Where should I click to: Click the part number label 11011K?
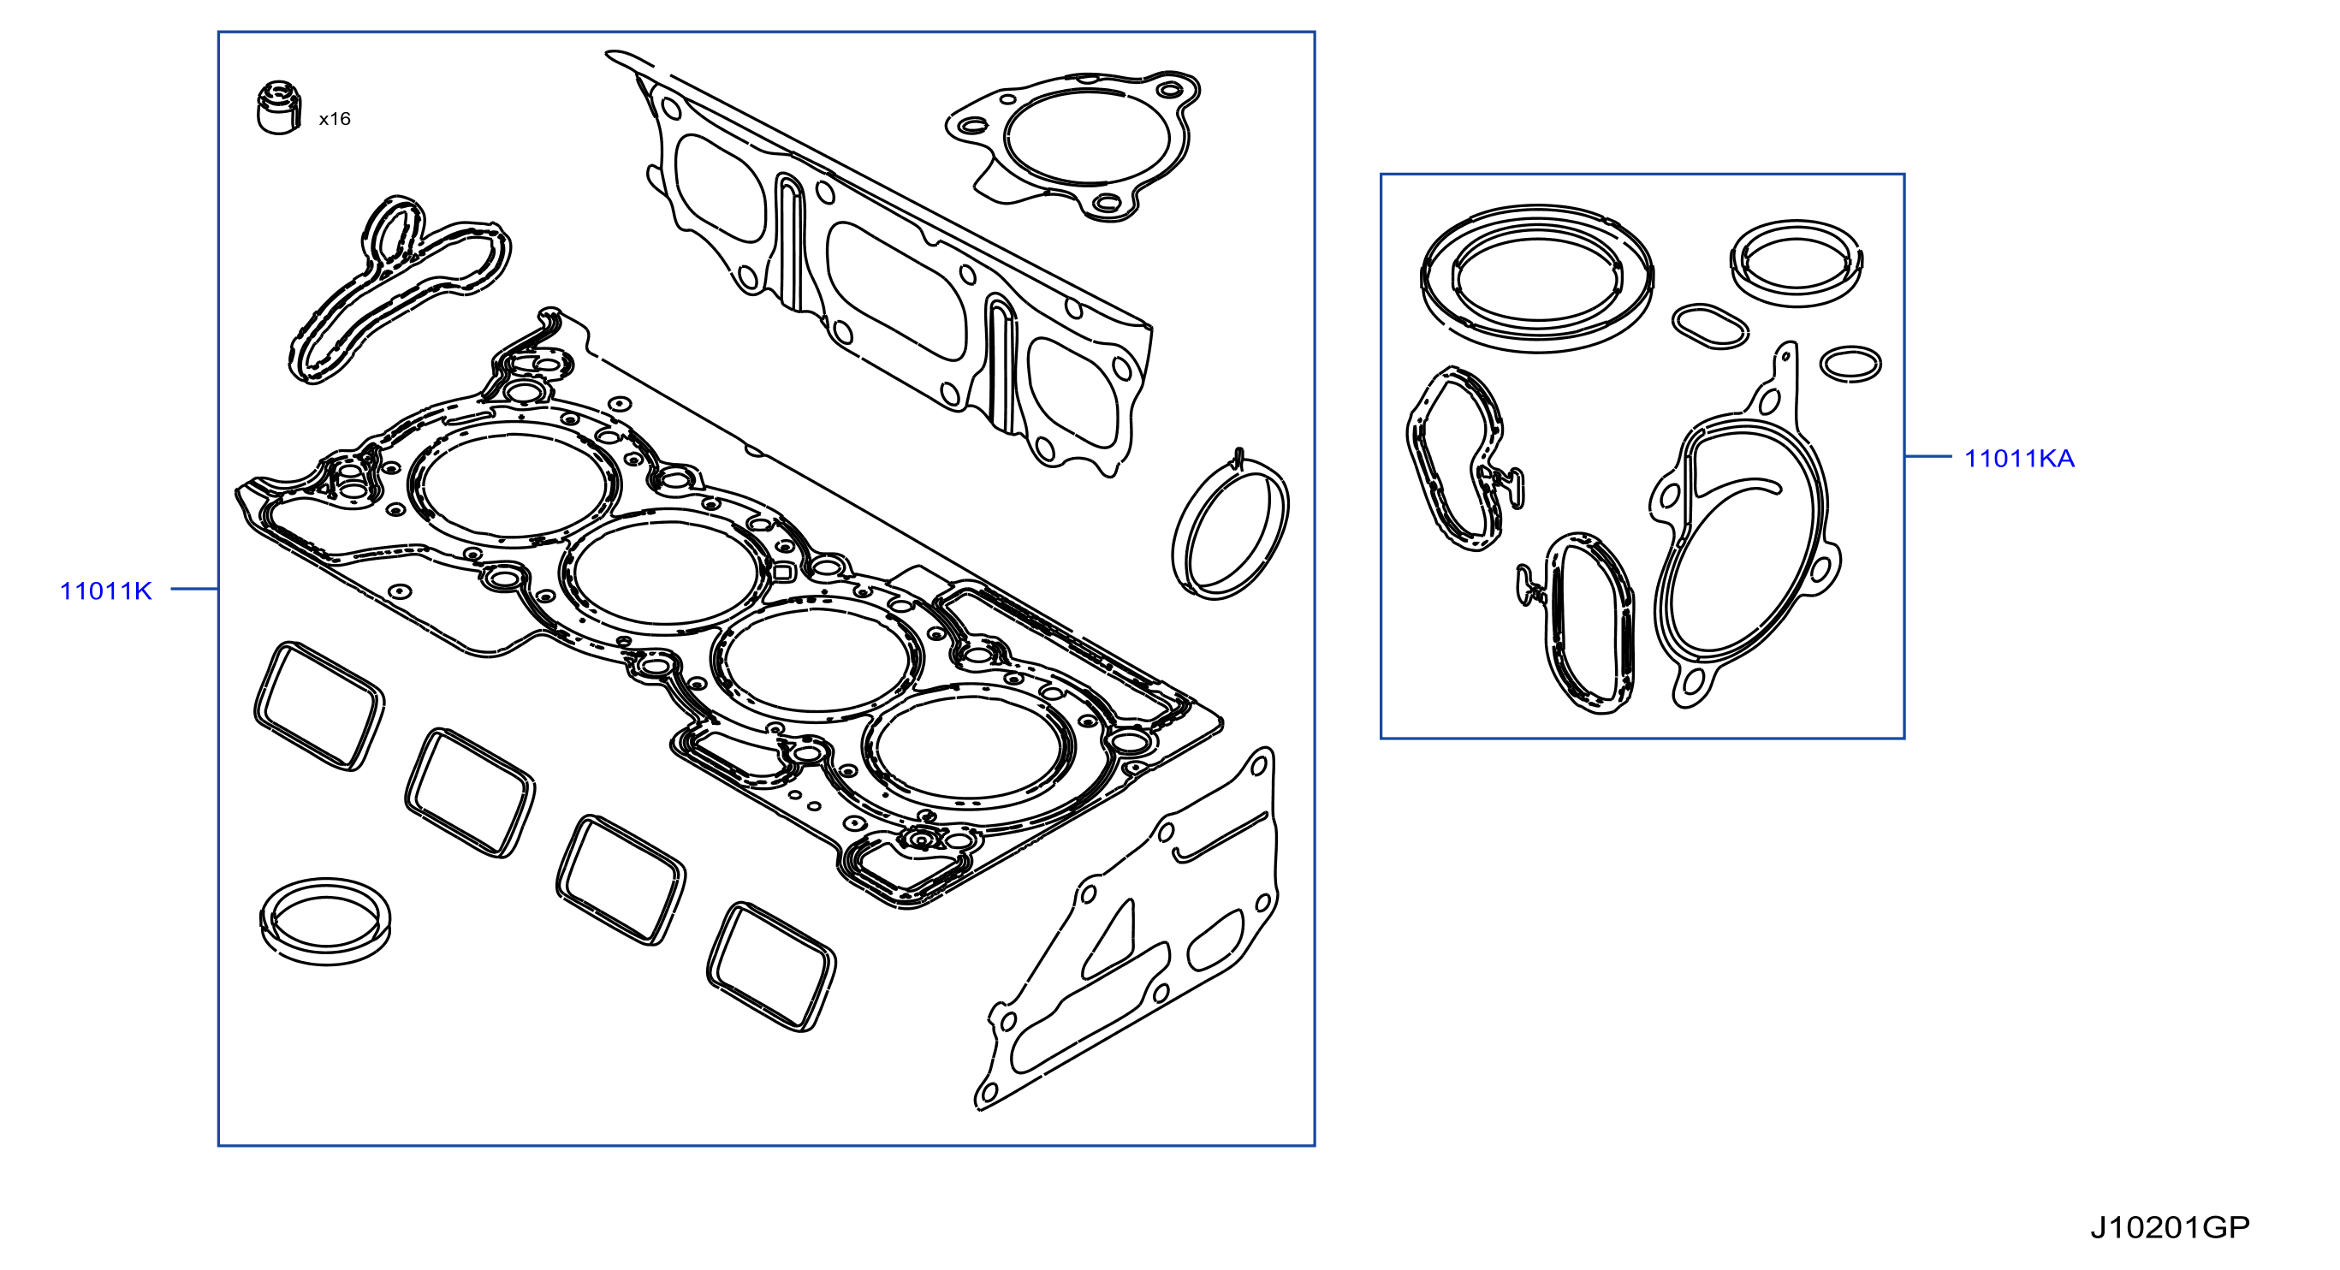coord(105,591)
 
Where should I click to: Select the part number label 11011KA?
coord(2019,459)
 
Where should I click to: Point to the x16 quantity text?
coord(335,119)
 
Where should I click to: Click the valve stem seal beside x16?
coord(278,108)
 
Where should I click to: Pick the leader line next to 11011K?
coord(194,590)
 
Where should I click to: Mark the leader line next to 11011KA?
coord(1927,456)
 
